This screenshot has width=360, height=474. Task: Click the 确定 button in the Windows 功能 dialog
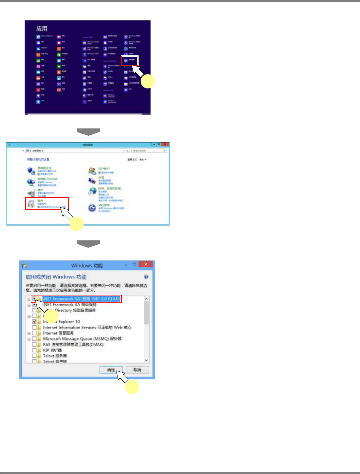111,370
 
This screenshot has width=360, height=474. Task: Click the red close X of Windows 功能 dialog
146,264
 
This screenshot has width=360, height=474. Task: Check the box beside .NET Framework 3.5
34,299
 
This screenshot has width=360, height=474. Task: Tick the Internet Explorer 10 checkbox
34,322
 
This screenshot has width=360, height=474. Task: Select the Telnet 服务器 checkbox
34,356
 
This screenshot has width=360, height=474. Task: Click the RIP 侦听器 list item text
52,350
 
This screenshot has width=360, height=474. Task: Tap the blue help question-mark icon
146,277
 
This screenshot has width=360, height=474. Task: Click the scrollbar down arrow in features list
146,360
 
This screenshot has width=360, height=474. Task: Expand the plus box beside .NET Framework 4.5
29,305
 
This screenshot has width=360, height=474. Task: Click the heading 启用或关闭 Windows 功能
56,277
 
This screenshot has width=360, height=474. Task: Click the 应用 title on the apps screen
42,29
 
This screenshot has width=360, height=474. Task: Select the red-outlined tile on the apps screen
129,61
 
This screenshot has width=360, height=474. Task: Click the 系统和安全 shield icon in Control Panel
31,170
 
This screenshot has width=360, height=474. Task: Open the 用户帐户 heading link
104,169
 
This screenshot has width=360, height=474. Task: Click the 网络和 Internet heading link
47,179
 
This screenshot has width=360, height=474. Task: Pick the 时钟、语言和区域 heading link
109,188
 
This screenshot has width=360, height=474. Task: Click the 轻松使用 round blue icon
92,208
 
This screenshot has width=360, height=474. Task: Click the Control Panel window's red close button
165,145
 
